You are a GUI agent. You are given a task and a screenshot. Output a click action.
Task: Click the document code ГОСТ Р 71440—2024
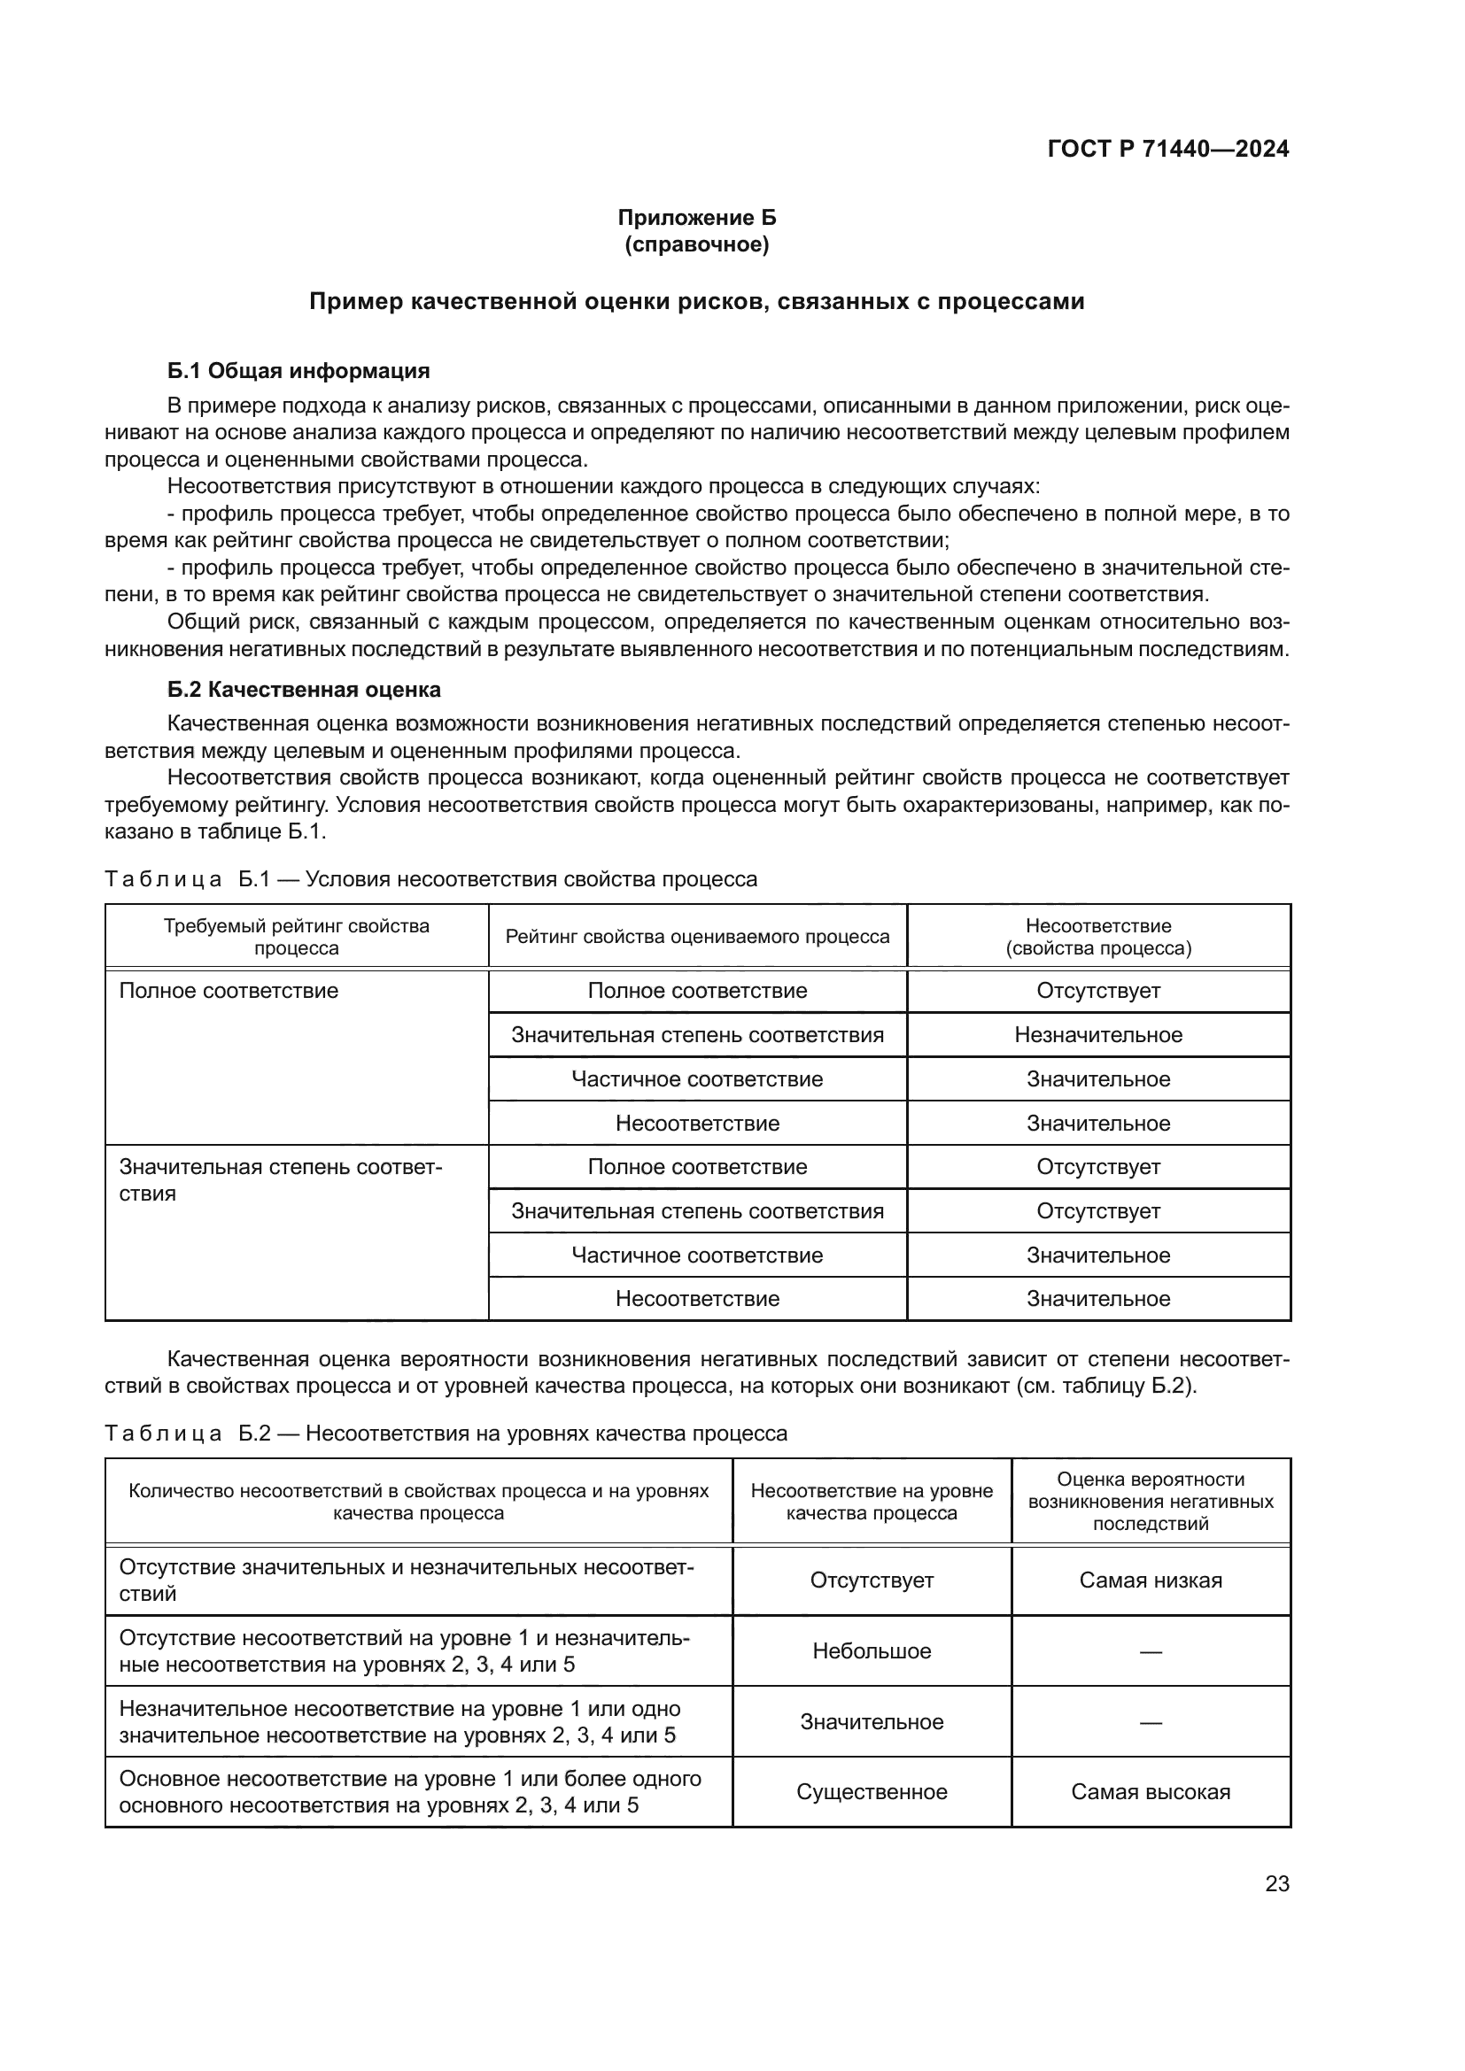point(1167,150)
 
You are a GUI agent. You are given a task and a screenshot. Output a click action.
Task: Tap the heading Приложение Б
point(696,218)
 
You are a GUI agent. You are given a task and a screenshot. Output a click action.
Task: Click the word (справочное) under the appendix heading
point(696,244)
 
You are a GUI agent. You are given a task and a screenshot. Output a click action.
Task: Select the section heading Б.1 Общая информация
point(298,371)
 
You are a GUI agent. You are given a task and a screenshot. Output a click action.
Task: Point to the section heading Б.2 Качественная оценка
point(304,690)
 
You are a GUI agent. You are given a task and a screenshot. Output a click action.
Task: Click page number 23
point(1276,1883)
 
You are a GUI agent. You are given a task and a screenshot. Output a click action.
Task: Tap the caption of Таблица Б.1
point(431,878)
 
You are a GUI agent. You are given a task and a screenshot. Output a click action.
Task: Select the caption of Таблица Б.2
point(446,1433)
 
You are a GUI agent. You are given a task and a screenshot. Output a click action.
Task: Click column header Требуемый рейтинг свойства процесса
point(297,937)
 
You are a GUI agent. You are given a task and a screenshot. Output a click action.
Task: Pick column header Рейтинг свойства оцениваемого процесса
point(697,937)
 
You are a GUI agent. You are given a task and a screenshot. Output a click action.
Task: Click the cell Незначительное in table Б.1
point(1097,1034)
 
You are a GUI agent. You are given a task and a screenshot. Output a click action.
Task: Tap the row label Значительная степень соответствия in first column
point(281,1179)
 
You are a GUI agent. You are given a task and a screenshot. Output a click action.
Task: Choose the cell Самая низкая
point(1151,1580)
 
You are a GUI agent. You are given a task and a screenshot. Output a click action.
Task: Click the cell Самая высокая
point(1151,1791)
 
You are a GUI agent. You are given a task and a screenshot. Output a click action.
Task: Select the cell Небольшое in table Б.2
point(872,1650)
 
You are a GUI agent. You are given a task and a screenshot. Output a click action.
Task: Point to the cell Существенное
point(872,1791)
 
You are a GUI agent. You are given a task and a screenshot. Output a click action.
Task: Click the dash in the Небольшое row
point(1151,1651)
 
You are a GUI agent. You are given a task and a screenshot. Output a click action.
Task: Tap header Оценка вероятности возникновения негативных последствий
point(1151,1502)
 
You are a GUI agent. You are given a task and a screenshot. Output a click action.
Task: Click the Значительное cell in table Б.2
point(872,1721)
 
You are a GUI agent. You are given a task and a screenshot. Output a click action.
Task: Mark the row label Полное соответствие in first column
point(229,992)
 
